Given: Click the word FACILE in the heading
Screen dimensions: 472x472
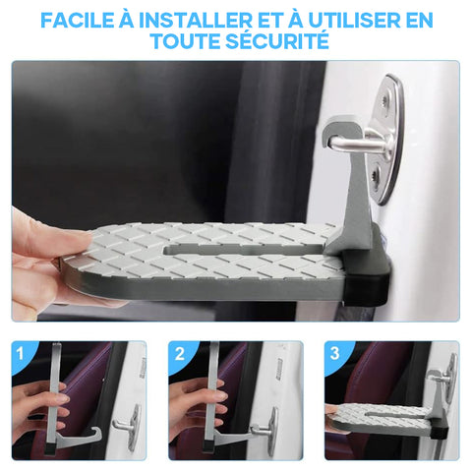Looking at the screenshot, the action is pyautogui.click(x=78, y=21).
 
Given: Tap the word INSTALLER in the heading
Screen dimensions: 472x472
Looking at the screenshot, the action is pyautogui.click(x=196, y=21).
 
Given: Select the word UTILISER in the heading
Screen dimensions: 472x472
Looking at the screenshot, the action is pyautogui.click(x=355, y=21).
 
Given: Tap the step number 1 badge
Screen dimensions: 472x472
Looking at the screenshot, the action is pyautogui.click(x=21, y=354).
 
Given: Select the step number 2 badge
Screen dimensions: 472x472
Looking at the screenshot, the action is pyautogui.click(x=179, y=354).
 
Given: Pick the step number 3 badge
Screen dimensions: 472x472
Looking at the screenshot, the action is pyautogui.click(x=334, y=353).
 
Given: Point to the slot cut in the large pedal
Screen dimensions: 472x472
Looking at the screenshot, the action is pyautogui.click(x=243, y=250).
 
